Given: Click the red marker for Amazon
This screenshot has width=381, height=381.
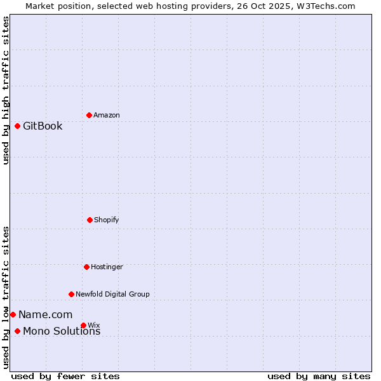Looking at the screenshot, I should [89, 115].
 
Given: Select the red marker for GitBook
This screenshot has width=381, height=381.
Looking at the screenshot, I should [17, 126].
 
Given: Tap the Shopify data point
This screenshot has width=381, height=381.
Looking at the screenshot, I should [90, 220].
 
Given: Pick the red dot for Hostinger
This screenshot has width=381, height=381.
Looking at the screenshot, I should [86, 267].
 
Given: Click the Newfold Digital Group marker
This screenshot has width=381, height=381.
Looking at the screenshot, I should [71, 294].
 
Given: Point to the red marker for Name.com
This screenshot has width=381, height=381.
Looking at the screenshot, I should [13, 314].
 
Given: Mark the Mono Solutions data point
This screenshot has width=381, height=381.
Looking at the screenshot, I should [17, 331].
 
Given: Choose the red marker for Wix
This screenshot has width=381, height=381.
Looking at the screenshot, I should [83, 325].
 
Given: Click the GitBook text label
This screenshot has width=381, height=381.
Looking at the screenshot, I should [43, 126].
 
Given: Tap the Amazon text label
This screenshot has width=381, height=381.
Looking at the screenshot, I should [106, 115].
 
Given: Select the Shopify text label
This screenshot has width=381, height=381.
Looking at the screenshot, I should [106, 220].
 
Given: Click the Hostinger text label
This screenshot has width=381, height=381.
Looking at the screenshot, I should [107, 267].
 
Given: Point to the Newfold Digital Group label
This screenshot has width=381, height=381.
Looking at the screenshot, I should [112, 294].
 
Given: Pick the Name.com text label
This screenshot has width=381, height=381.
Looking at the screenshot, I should [45, 314].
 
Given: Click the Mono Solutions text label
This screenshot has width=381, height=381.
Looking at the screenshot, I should [62, 331].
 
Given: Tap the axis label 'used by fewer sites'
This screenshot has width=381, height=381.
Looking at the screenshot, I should [65, 376].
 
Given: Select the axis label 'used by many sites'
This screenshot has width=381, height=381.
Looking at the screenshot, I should [319, 376].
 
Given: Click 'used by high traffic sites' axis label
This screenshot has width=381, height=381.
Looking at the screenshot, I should [6, 90].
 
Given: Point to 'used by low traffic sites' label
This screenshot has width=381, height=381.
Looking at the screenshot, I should [6, 297].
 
